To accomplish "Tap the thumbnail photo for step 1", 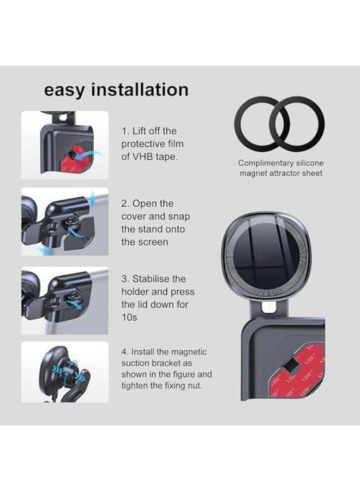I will click(65, 145).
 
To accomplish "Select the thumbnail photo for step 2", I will click(65, 221).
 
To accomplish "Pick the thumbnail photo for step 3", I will click(65, 300).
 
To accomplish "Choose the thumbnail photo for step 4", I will click(65, 372).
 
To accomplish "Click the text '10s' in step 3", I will click(128, 318).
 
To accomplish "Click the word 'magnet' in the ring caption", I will click(254, 173).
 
